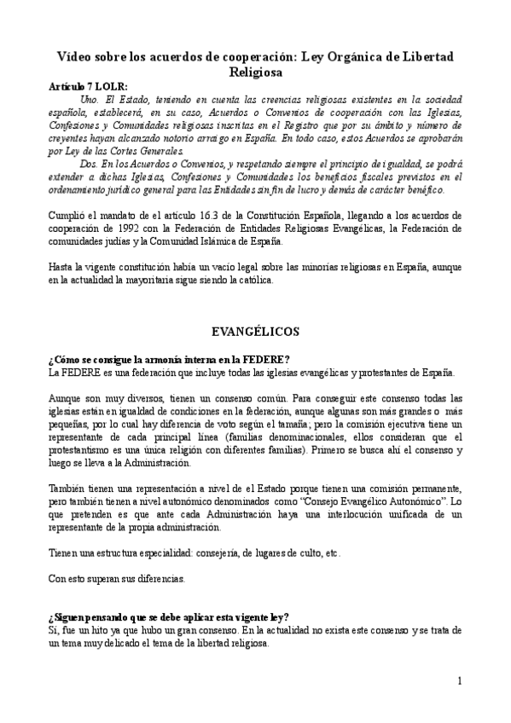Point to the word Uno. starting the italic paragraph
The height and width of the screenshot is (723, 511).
pos(109,100)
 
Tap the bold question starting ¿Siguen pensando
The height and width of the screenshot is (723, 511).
pos(169,617)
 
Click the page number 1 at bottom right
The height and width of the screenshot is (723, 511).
pos(459,680)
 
